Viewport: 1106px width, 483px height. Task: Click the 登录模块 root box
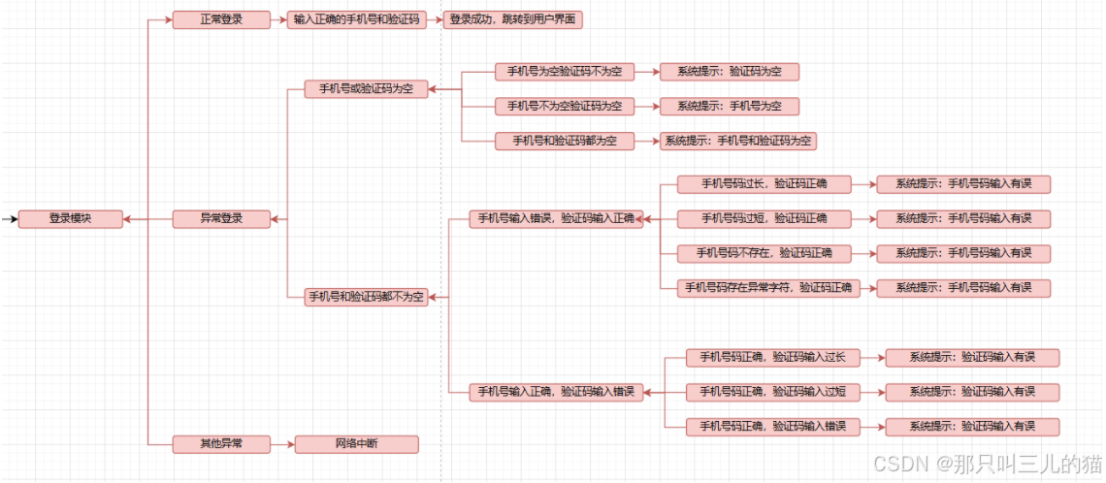71,219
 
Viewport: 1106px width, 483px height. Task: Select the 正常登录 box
221,20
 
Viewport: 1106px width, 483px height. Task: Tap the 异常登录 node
221,219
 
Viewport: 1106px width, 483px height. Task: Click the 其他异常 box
221,444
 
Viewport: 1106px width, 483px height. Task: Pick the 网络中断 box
356,444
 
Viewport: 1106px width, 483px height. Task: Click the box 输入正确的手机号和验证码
358,20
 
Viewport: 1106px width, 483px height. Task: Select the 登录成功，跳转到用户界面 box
514,20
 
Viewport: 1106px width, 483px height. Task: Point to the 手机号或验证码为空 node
366,89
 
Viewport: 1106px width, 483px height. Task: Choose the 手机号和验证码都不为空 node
366,297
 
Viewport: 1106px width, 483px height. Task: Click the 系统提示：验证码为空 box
730,72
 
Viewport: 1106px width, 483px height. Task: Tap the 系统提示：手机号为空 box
730,106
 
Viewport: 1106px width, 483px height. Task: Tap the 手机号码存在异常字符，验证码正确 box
768,287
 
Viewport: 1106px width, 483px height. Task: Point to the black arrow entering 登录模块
10,219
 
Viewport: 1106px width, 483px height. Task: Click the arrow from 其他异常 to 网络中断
282,444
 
